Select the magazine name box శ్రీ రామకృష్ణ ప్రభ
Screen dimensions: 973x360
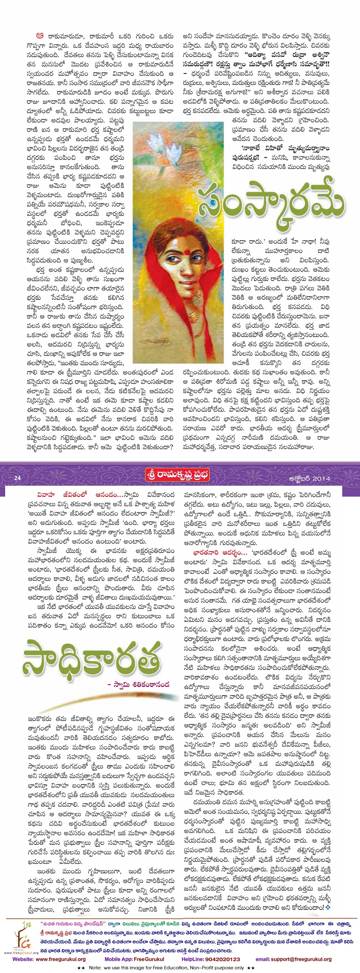pyautogui.click(x=177, y=475)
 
